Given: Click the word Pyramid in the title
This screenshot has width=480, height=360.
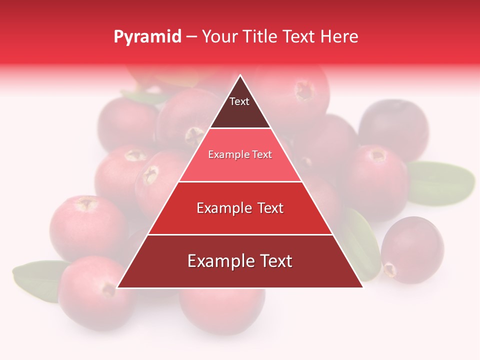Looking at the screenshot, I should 147,36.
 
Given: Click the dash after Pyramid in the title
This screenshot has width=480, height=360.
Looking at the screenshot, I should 191,37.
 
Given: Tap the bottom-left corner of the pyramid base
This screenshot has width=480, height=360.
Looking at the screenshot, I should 118,287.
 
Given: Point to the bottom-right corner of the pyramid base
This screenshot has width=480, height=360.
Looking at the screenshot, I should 362,287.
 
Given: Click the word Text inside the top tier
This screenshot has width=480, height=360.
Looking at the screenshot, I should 239,101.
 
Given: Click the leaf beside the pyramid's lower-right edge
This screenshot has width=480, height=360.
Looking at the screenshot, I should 361,242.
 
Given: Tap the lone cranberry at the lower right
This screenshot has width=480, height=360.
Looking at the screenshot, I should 412,249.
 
